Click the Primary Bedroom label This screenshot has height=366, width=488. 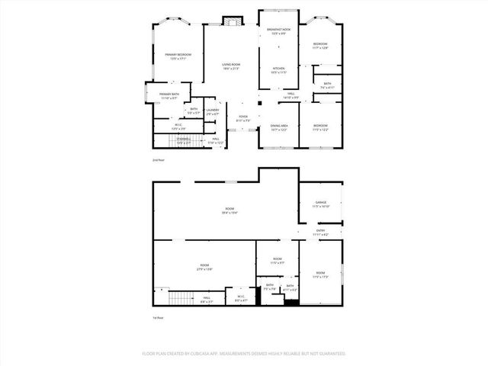[178, 56]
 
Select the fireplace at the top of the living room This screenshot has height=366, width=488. [231, 22]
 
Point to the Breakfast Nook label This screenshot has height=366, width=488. [279, 31]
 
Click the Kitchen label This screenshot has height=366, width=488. [279, 70]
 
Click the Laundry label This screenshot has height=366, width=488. [212, 111]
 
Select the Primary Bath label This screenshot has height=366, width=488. [169, 95]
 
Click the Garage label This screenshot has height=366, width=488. [320, 204]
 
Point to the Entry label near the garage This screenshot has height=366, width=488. [320, 233]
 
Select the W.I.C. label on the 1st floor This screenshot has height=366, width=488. [240, 298]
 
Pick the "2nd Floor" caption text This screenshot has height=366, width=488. [158, 160]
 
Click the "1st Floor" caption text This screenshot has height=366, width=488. [158, 317]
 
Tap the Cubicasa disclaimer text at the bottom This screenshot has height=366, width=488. [244, 354]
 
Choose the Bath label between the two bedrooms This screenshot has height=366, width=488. [326, 85]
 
